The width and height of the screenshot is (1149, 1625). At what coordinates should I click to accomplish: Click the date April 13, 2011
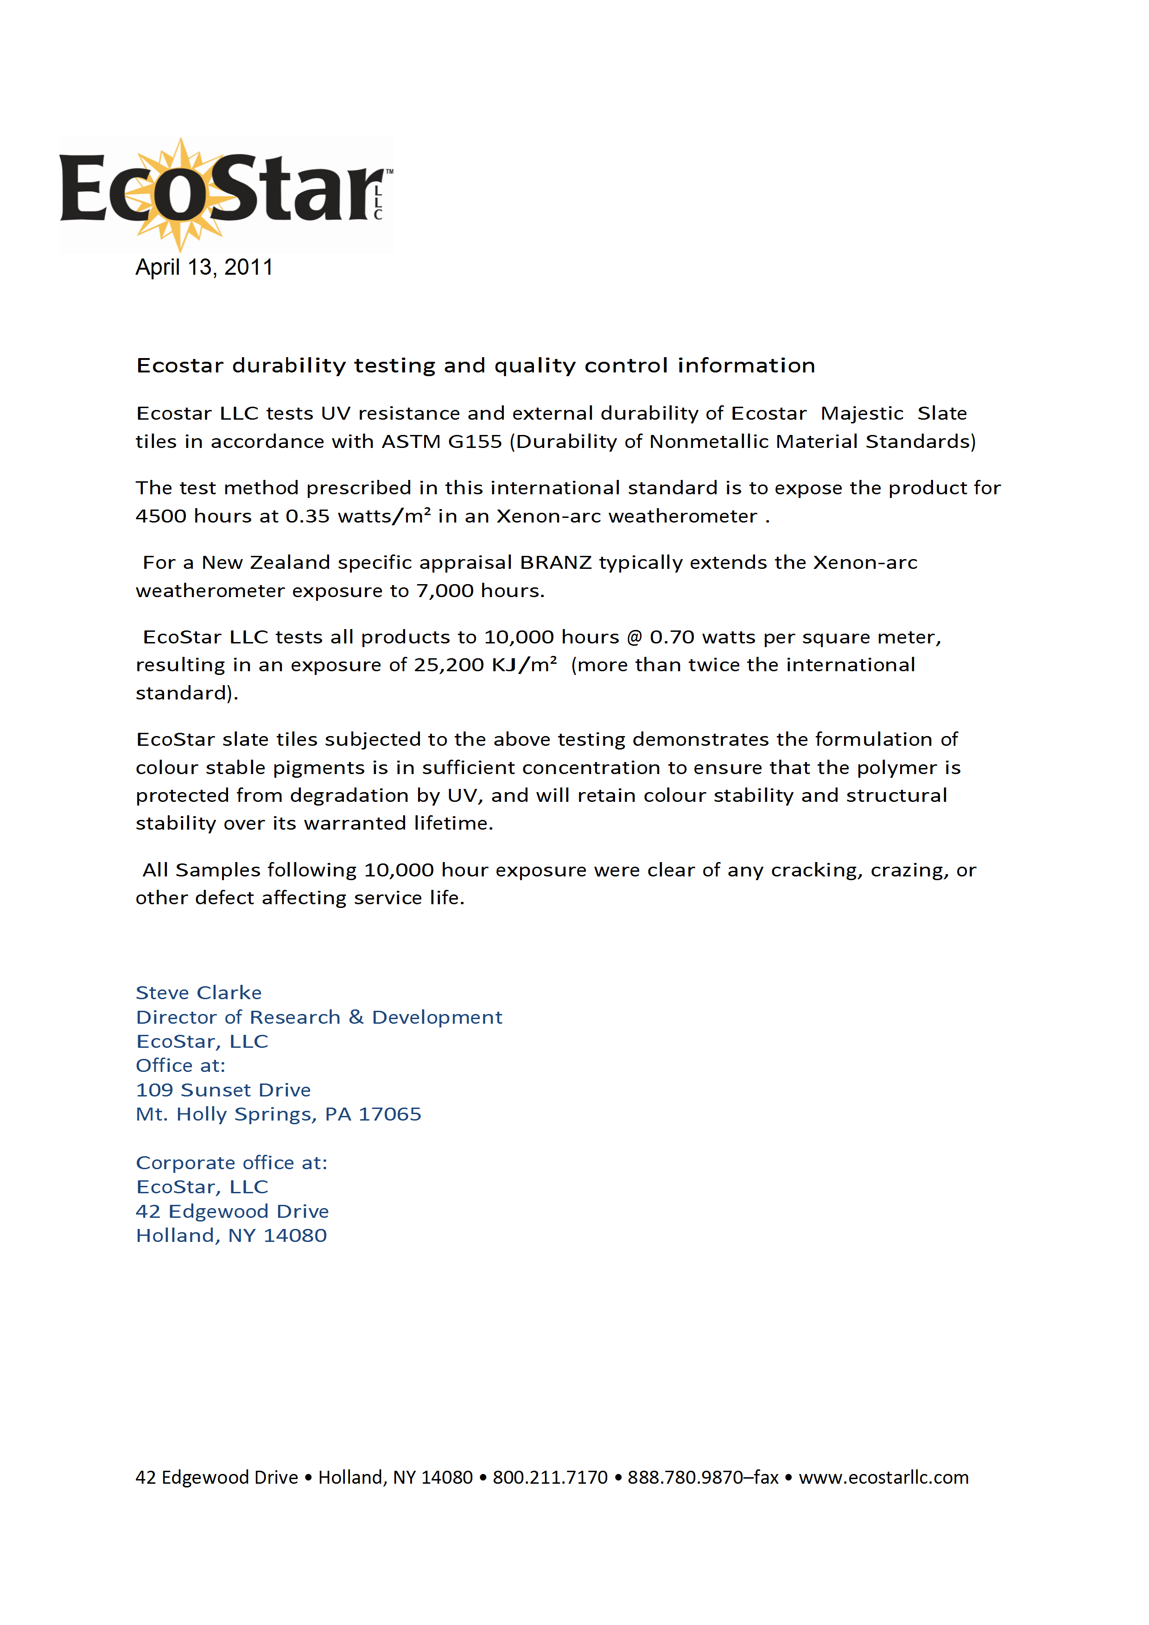[x=204, y=268]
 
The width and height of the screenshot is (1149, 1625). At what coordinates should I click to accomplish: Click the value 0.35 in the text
[x=307, y=516]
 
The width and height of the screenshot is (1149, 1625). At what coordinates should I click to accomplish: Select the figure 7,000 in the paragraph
[x=444, y=591]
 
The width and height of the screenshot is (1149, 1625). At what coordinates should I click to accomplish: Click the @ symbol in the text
[x=635, y=637]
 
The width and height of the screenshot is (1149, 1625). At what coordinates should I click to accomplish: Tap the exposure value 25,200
[x=449, y=665]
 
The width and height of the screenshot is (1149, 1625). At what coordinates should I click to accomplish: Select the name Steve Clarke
[x=198, y=993]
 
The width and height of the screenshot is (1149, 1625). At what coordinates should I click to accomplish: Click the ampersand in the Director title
[x=356, y=1017]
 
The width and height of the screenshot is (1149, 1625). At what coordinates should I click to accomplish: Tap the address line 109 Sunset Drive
[x=223, y=1090]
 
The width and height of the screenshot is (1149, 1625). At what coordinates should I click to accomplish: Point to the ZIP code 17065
[x=389, y=1114]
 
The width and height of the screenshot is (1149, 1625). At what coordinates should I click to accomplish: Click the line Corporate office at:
[x=231, y=1163]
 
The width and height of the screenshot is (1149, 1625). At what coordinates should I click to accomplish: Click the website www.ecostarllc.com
[x=883, y=1478]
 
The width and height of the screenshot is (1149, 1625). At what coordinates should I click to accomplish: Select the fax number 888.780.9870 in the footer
[x=686, y=1478]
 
